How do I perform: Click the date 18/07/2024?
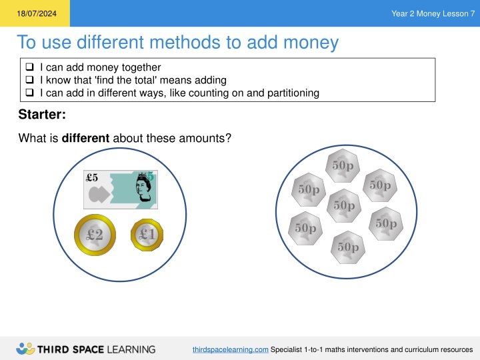37,13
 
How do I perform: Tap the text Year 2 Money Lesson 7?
433,13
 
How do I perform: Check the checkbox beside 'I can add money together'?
29,67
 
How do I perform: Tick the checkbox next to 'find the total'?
29,79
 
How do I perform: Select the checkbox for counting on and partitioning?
29,93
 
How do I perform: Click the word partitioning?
293,93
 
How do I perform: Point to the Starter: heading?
42,114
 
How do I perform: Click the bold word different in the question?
85,138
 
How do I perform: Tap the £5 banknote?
121,190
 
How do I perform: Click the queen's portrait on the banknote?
143,187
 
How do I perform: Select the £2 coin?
95,235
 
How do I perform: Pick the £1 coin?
147,235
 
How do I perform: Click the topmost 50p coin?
343,165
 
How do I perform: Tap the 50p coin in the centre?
344,206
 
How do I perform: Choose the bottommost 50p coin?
348,247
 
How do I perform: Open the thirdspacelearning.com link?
231,349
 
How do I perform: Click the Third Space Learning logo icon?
25,349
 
